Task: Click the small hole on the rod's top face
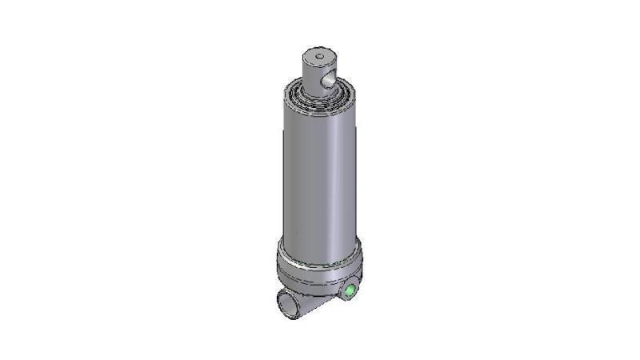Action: tap(318, 57)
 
